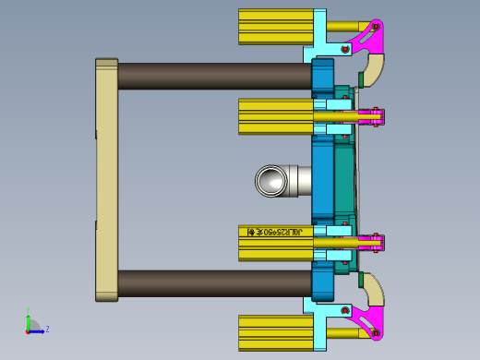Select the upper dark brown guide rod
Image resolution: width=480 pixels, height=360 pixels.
[x=212, y=76]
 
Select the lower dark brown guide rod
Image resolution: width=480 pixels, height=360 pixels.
[x=212, y=282]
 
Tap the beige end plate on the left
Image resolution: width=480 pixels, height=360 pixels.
[x=107, y=180]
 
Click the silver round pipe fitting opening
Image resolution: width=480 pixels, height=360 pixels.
[x=271, y=181]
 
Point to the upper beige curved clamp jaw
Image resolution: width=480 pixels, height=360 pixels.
[x=373, y=70]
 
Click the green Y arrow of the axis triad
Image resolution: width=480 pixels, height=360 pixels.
[x=29, y=316]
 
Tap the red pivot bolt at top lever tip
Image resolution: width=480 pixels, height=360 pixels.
[x=376, y=27]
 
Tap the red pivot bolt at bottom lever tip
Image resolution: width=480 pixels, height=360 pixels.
[x=376, y=332]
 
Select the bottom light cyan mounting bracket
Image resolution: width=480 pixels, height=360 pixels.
[x=319, y=321]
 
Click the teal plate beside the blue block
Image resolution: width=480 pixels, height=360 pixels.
[x=343, y=180]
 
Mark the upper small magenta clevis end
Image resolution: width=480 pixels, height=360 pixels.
[x=375, y=116]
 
